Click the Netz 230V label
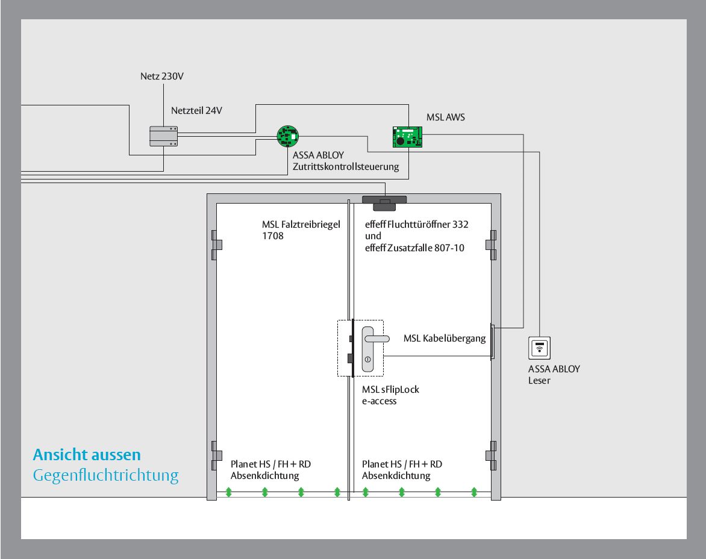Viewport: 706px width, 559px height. click(162, 76)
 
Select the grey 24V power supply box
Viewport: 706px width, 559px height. click(163, 136)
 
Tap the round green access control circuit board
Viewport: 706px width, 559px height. click(288, 136)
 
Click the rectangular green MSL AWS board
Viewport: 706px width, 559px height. click(407, 137)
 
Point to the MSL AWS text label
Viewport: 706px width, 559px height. click(446, 117)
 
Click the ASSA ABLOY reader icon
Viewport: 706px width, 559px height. click(539, 348)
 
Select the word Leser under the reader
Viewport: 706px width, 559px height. click(539, 381)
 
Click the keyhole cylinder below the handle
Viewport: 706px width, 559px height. click(368, 360)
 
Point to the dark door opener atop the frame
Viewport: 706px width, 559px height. click(384, 202)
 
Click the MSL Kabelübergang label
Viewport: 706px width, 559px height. click(445, 339)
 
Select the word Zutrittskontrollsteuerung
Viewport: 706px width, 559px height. click(346, 167)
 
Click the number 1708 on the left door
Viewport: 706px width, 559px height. click(273, 236)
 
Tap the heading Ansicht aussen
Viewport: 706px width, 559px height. click(87, 455)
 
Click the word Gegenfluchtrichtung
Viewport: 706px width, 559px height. click(106, 475)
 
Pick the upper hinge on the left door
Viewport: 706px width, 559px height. click(217, 245)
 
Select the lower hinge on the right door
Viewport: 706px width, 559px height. click(491, 455)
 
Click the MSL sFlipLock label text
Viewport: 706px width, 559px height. click(390, 390)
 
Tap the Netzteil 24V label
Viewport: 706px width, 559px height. click(197, 111)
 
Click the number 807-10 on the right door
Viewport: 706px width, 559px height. click(449, 248)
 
